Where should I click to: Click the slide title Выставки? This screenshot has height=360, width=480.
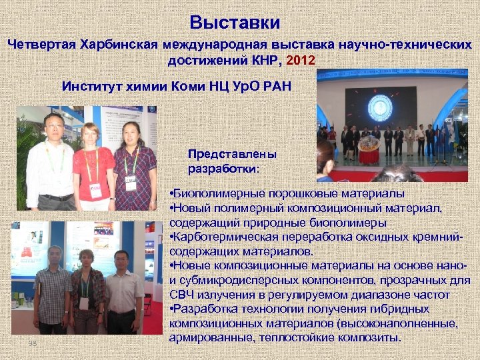click(234, 22)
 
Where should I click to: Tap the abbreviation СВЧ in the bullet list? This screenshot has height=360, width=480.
click(183, 295)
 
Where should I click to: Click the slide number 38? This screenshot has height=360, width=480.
click(32, 343)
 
